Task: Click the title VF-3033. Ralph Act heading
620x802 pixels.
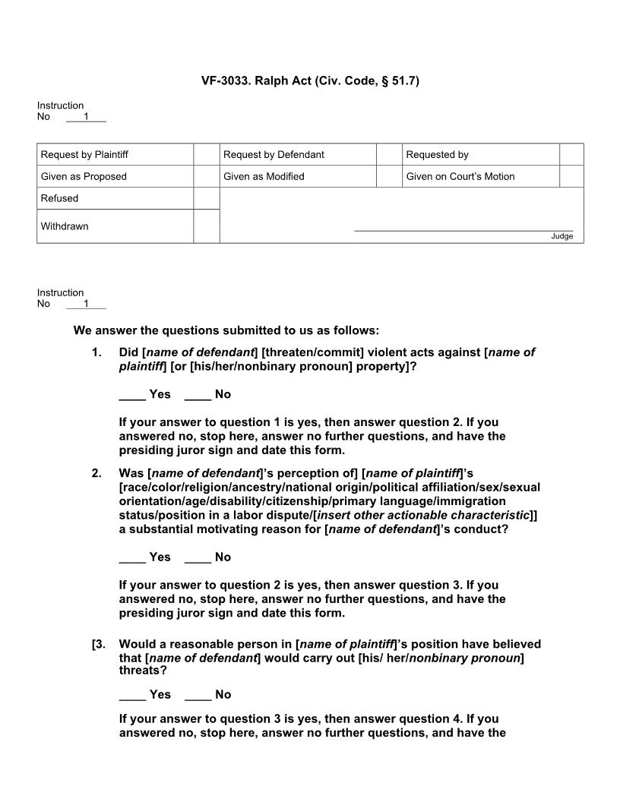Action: pyautogui.click(x=310, y=80)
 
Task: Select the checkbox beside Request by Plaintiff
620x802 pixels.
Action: pyautogui.click(x=206, y=154)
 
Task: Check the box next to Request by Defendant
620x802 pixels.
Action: pyautogui.click(x=389, y=154)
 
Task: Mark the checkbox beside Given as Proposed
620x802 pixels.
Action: pyautogui.click(x=206, y=176)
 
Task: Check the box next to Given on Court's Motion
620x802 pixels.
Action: pyautogui.click(x=571, y=176)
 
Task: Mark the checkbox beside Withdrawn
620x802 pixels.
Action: pyautogui.click(x=206, y=226)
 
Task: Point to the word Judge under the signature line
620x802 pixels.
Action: pyautogui.click(x=561, y=236)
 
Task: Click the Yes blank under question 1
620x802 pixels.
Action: pyautogui.click(x=132, y=394)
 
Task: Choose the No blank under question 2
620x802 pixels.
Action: pyautogui.click(x=198, y=557)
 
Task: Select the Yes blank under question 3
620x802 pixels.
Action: pyautogui.click(x=132, y=694)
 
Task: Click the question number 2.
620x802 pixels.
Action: pyautogui.click(x=96, y=473)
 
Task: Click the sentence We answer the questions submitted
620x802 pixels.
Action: pyautogui.click(x=226, y=330)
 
